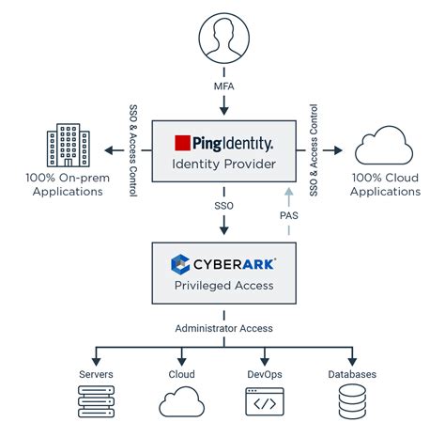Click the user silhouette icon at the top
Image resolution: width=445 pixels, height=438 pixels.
(x=224, y=38)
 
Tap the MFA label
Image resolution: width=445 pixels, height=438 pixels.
(x=224, y=86)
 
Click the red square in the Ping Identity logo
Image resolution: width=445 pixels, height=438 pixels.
(x=182, y=143)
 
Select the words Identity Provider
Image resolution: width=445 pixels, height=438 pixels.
(x=224, y=164)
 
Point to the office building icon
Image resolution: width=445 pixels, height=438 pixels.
(x=69, y=145)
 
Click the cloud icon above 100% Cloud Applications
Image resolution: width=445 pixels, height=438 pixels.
(x=384, y=145)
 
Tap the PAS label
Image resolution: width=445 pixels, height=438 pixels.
(x=289, y=215)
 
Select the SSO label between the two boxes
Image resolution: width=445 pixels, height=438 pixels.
(x=224, y=206)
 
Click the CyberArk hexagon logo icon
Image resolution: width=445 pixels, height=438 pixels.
(x=180, y=264)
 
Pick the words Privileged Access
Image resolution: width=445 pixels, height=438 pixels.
(x=224, y=286)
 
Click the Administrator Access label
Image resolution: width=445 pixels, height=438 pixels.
(x=224, y=328)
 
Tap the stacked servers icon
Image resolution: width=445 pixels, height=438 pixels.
(x=96, y=401)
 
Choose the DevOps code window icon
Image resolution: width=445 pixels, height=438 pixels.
(x=265, y=401)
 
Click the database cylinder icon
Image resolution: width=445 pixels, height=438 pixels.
(x=352, y=401)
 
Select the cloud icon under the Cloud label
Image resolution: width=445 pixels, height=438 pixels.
(x=182, y=401)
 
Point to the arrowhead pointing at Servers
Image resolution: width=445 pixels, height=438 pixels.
(x=96, y=361)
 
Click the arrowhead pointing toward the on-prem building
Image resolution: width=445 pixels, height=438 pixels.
(x=109, y=150)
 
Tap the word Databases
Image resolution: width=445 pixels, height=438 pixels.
(x=352, y=374)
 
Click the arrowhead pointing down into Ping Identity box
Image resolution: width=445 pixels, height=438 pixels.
(x=224, y=110)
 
